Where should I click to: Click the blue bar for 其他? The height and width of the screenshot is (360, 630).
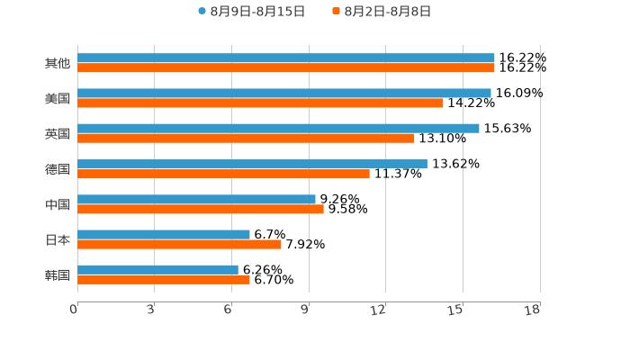click(286, 58)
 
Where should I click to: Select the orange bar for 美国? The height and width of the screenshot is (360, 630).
click(261, 103)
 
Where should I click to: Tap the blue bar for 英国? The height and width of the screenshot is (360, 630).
click(279, 128)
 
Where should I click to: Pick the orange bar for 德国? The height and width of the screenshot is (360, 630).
click(223, 174)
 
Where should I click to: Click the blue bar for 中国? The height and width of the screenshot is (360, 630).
click(196, 199)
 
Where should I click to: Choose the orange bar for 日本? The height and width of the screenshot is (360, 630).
click(180, 244)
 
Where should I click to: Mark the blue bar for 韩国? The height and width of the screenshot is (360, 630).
click(158, 269)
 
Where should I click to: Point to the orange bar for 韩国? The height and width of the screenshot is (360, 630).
click(164, 279)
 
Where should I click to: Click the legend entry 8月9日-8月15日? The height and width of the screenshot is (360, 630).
click(252, 12)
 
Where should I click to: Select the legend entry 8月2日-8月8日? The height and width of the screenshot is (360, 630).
click(382, 12)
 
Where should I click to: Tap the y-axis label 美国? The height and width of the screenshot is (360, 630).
click(58, 98)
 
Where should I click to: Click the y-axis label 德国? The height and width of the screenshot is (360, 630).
click(58, 169)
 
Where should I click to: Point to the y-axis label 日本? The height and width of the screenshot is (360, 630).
click(58, 239)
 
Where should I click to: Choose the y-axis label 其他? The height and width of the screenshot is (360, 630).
click(58, 63)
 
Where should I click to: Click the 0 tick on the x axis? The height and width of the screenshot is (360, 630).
click(75, 310)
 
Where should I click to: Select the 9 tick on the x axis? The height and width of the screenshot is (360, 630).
click(306, 310)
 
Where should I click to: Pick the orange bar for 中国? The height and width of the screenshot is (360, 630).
click(201, 209)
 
